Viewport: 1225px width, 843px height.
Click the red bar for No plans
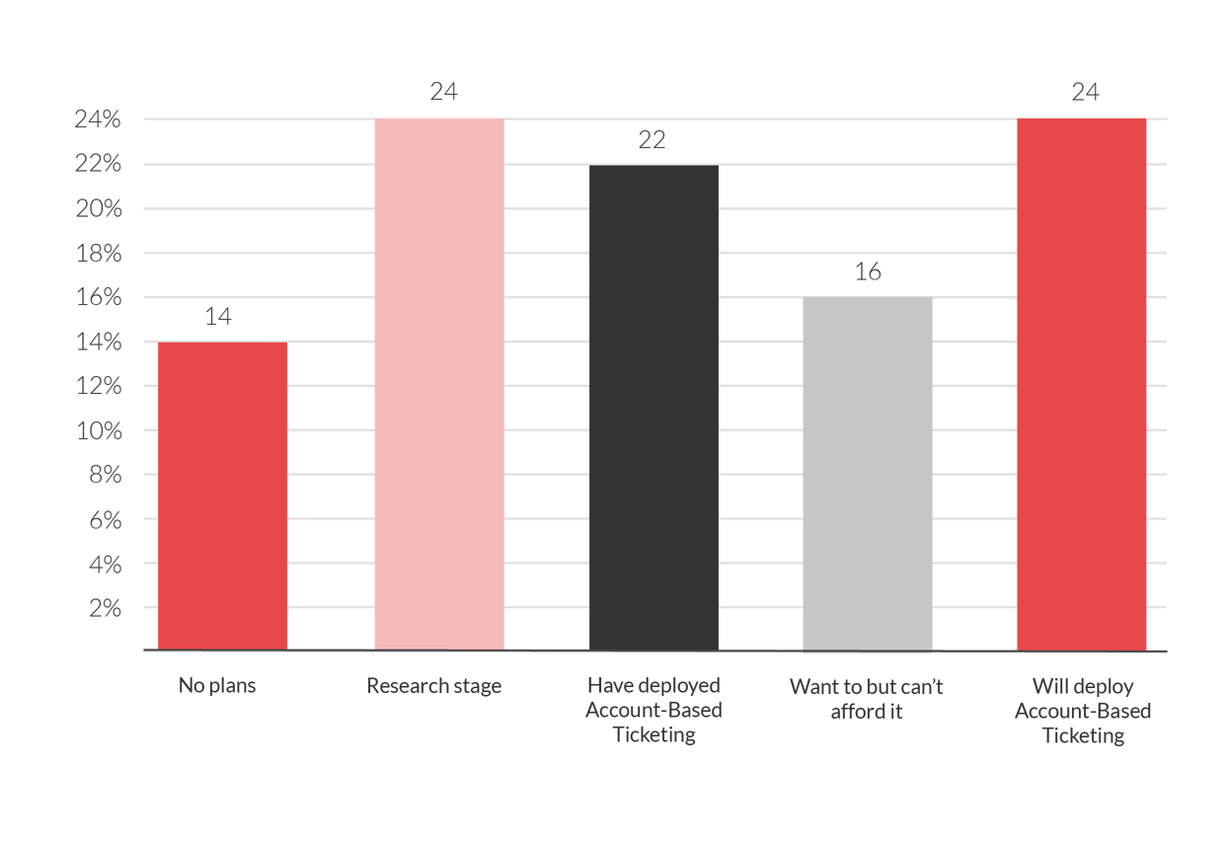tap(222, 496)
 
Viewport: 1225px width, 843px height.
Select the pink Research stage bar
tap(439, 385)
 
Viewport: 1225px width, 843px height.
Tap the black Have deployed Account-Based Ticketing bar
tap(653, 407)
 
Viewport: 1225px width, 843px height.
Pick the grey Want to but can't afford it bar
tap(867, 474)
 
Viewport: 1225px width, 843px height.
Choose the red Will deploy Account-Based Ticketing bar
tap(1081, 385)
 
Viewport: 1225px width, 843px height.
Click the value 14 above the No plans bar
tap(219, 317)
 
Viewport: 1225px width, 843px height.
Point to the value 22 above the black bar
tap(651, 140)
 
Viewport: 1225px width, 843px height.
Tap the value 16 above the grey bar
tap(867, 271)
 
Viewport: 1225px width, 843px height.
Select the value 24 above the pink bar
tap(443, 92)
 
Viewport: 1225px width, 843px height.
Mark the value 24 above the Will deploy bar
tap(1085, 92)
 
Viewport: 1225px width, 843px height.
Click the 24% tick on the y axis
tap(97, 119)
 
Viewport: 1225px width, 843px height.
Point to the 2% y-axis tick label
tap(105, 608)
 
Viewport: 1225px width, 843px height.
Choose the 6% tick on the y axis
tap(105, 519)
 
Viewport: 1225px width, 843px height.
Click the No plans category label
tap(217, 685)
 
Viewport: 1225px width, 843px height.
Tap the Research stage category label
tap(433, 686)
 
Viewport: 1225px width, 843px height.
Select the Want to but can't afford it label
tap(867, 698)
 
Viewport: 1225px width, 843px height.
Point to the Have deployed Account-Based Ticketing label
tap(653, 710)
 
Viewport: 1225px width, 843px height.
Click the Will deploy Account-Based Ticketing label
tap(1083, 710)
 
